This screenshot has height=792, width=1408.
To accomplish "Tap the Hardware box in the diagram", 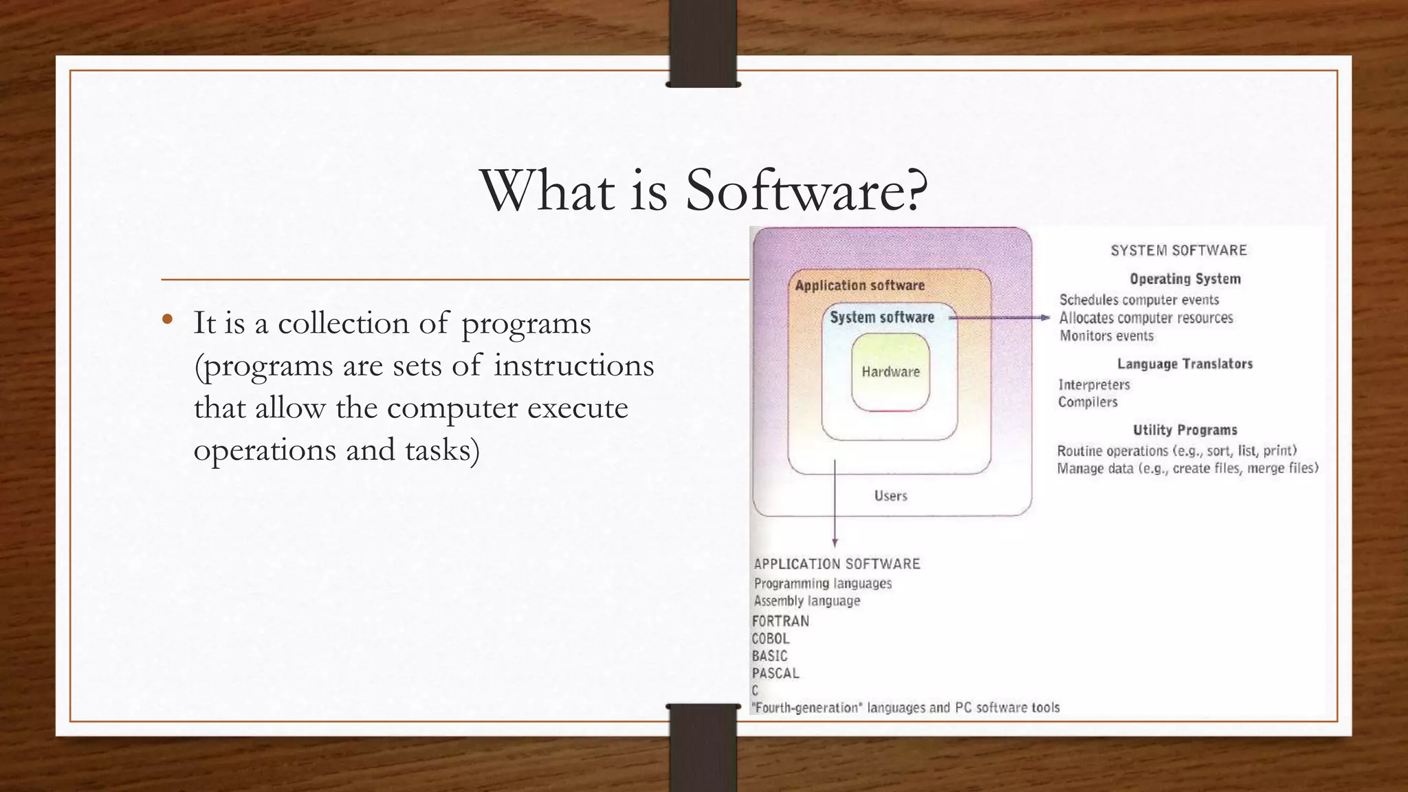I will click(890, 372).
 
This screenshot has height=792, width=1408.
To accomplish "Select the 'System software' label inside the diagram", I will click(882, 318).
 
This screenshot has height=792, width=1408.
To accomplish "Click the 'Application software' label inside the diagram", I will click(859, 285).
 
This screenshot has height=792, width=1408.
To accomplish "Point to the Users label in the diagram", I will click(890, 496).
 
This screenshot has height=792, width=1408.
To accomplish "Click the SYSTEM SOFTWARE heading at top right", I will click(1178, 250).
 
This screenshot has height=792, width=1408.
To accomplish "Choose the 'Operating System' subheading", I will click(1185, 279).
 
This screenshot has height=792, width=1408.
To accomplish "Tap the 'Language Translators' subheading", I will click(1185, 364).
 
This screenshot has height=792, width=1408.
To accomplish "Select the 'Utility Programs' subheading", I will click(1185, 430).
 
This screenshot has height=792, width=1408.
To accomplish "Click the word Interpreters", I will click(1094, 385).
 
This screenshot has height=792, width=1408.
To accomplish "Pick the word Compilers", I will click(1088, 402).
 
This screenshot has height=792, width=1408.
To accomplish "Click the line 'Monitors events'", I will click(1106, 336).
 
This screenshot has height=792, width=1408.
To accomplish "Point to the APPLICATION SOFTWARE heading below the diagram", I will click(837, 564).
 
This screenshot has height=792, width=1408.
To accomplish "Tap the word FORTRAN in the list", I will click(780, 621).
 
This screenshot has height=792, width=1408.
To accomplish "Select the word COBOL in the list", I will click(771, 639).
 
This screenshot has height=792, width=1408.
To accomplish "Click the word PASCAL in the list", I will click(775, 674).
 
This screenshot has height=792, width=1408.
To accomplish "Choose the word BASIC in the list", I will click(769, 656).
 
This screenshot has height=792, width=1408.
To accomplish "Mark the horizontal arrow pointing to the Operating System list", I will click(1000, 318).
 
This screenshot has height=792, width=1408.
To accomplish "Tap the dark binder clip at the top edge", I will click(703, 43).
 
